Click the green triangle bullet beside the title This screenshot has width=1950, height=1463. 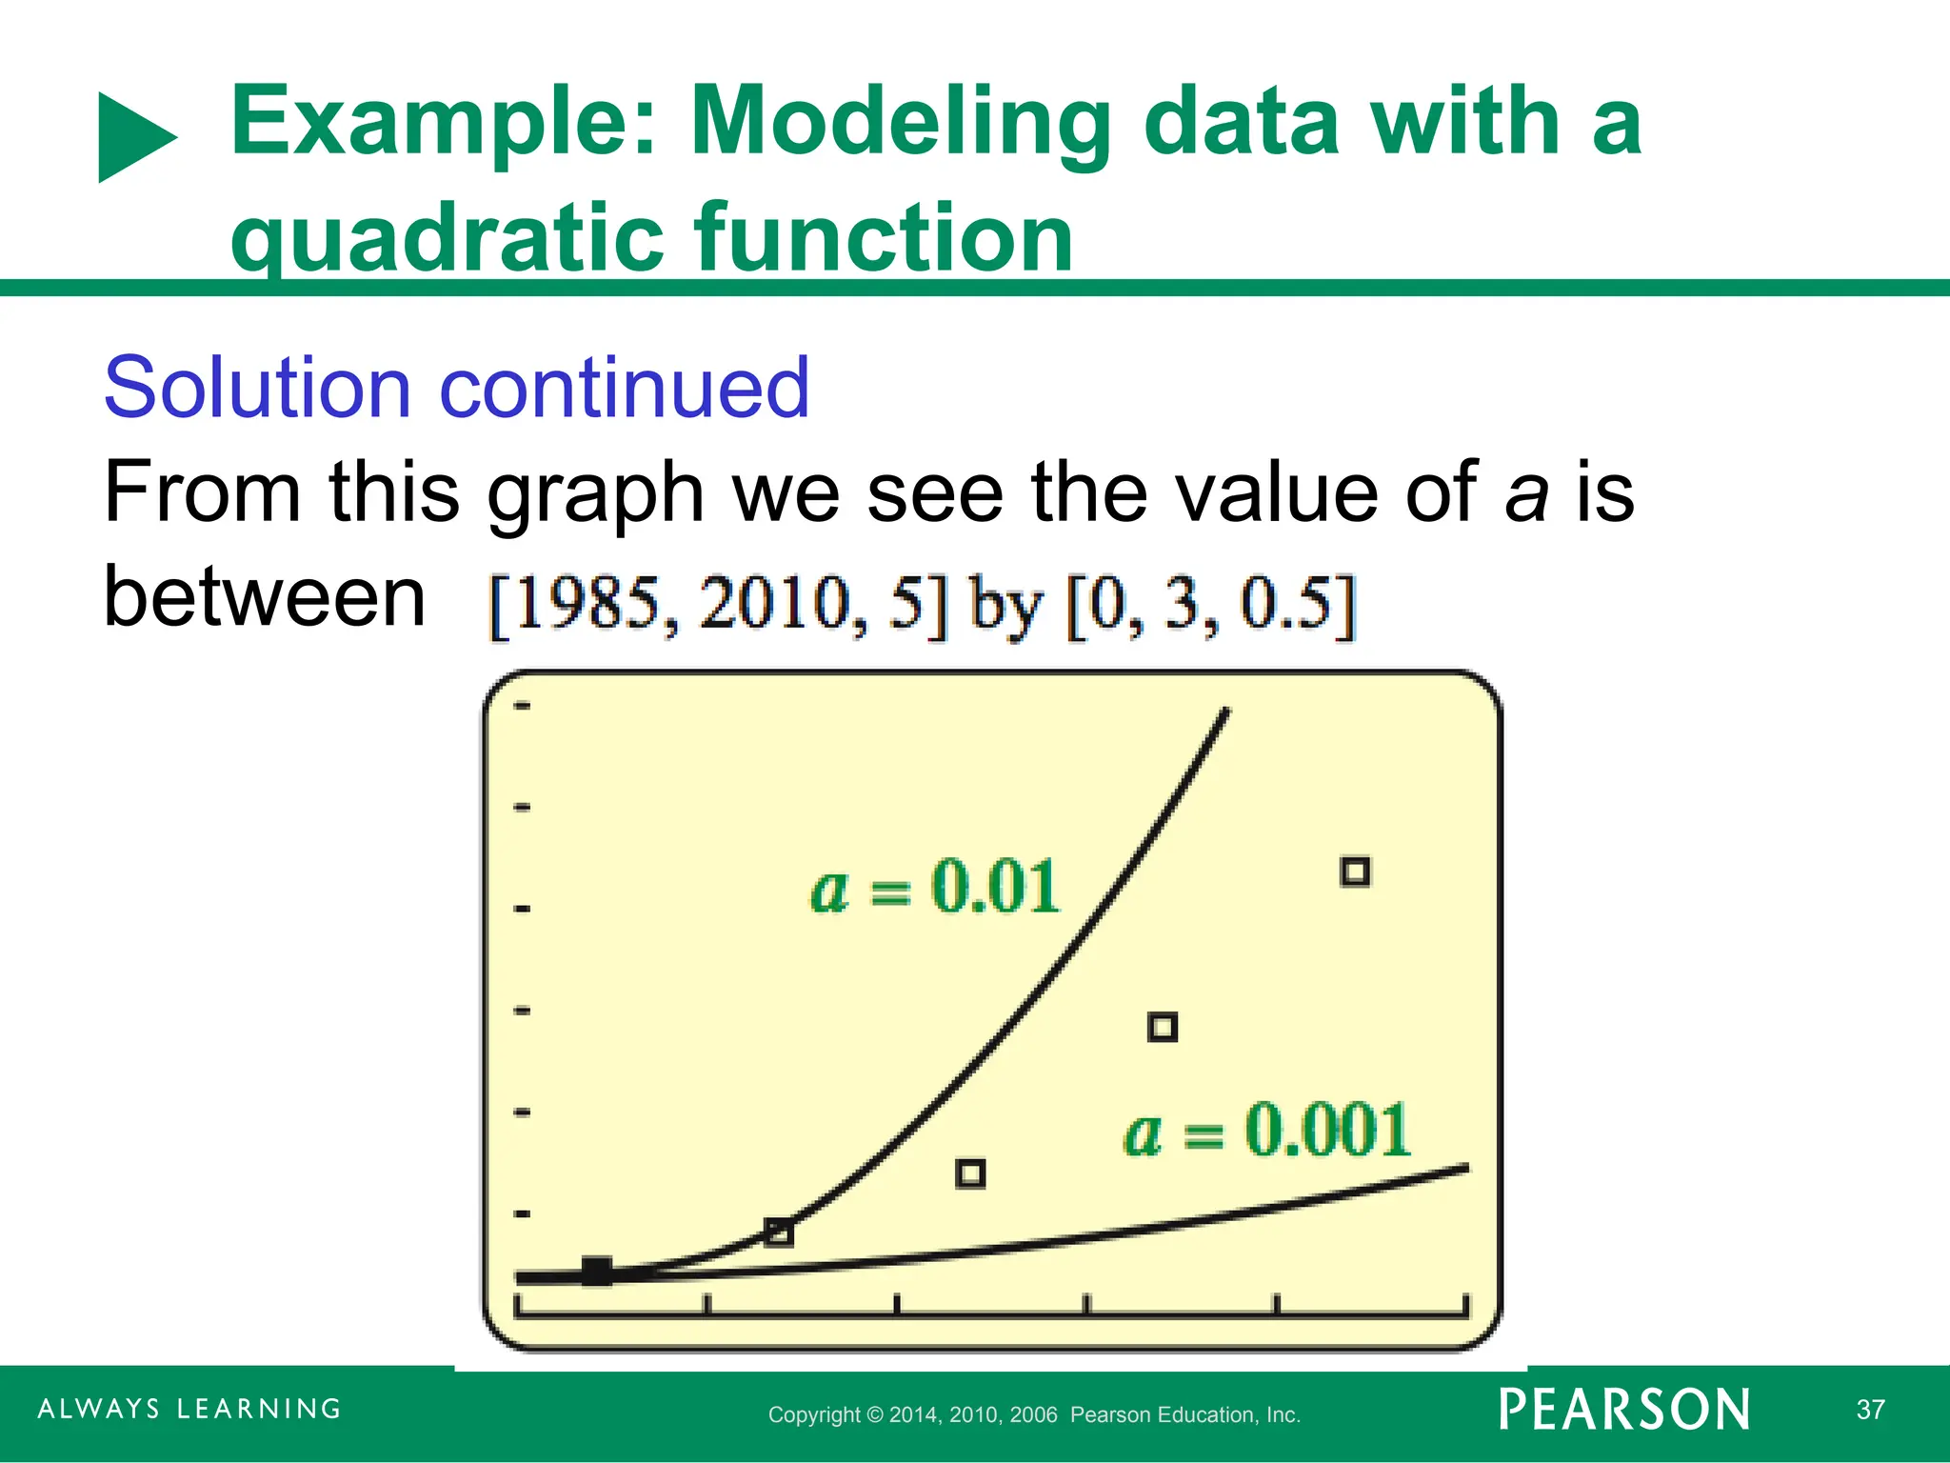(x=133, y=138)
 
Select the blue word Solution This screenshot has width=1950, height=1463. (x=257, y=388)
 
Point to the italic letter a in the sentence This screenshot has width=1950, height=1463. (x=1525, y=492)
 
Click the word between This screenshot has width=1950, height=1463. (x=264, y=597)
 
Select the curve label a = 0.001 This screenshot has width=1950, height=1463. (x=1266, y=1132)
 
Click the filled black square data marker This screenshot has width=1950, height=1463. (x=597, y=1271)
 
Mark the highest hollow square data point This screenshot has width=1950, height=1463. (x=1355, y=872)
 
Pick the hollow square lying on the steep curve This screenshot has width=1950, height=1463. (x=779, y=1233)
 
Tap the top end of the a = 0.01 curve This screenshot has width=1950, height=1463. (x=1225, y=711)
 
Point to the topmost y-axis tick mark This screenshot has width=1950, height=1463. (x=522, y=706)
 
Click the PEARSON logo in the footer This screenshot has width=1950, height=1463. (x=1623, y=1410)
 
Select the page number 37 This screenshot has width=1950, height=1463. (x=1870, y=1410)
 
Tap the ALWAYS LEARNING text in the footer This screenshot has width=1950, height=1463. (x=189, y=1409)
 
